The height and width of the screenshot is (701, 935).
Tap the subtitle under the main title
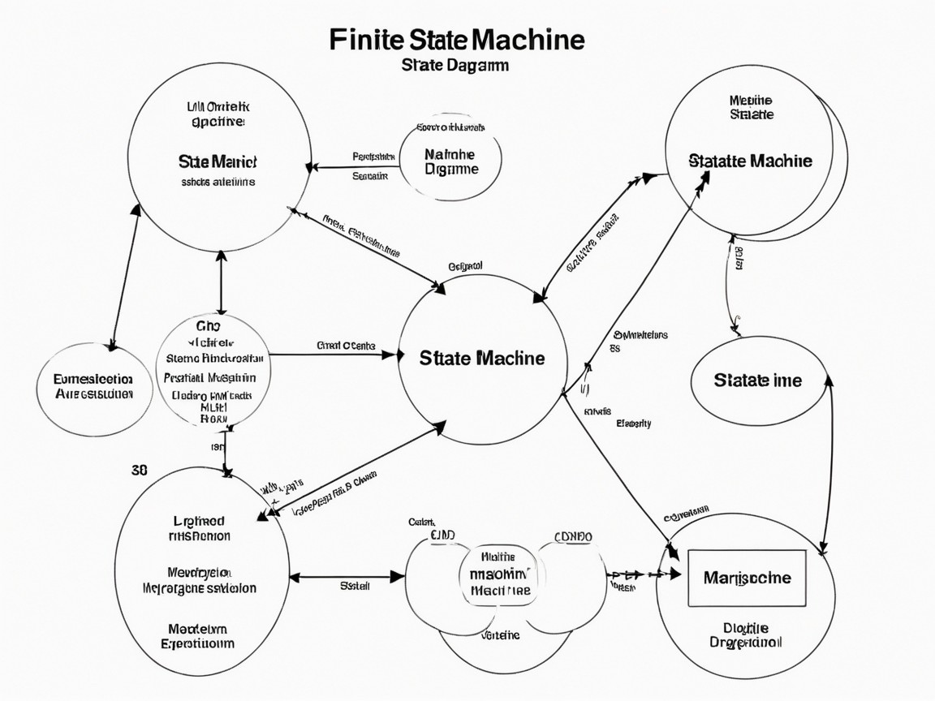(455, 65)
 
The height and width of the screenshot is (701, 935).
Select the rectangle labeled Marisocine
(747, 578)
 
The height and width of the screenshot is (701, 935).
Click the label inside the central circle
(482, 358)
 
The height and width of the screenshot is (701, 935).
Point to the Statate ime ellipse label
(757, 380)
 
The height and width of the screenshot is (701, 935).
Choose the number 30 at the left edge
(138, 470)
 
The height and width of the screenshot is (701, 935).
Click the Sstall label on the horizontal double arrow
(355, 584)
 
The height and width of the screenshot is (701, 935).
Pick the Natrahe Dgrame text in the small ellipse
(451, 161)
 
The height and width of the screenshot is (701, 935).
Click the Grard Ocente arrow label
(345, 345)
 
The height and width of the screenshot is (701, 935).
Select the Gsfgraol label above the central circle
(465, 265)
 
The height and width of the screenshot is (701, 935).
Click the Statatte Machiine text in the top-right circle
(750, 161)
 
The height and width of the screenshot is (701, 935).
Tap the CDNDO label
(573, 537)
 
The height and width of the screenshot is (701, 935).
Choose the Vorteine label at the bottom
(500, 635)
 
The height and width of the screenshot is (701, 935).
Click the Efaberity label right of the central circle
(633, 424)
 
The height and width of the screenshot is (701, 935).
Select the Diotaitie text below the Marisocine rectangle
(745, 627)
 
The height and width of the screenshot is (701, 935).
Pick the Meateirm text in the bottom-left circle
(197, 629)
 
